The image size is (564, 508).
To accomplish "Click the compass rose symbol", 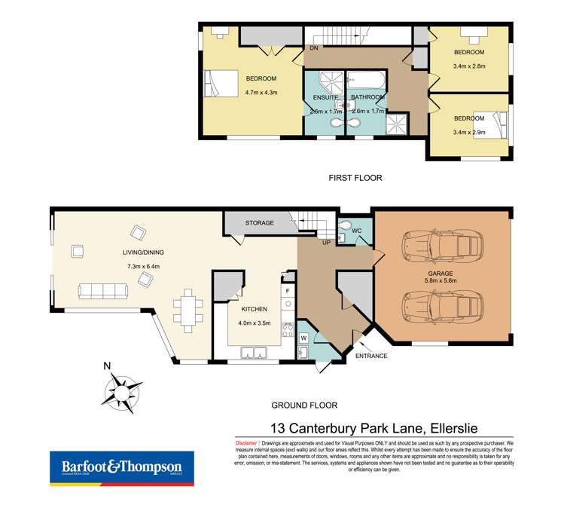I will click(119, 392).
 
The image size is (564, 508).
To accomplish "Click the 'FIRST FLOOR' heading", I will click(355, 178).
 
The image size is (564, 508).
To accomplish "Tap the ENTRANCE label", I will click(371, 355).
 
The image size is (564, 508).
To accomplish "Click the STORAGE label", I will click(260, 223).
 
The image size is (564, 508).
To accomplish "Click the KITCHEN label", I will click(255, 309).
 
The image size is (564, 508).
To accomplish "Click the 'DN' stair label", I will click(313, 49).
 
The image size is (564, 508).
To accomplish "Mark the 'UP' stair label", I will click(326, 242).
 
